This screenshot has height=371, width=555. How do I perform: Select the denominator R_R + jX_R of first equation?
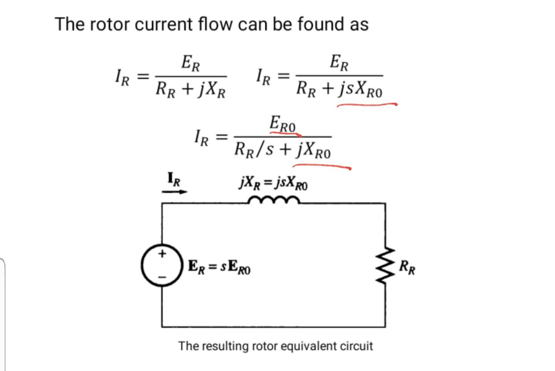[191, 90]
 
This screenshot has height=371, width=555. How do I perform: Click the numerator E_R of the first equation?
[191, 63]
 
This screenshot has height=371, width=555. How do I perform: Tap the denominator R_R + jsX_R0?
[339, 89]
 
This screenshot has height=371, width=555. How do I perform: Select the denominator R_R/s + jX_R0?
[283, 150]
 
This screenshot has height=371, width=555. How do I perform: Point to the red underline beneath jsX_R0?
[366, 104]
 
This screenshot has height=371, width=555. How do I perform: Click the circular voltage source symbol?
[161, 265]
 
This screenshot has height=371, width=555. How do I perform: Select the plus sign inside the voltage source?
[162, 254]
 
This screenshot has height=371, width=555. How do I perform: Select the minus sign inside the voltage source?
[162, 277]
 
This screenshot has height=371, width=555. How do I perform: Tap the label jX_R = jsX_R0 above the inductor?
[273, 183]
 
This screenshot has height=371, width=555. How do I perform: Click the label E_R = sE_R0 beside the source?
[219, 267]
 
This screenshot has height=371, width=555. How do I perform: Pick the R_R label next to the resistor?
[407, 267]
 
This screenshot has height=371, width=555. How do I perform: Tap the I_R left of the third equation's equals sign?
[201, 138]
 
